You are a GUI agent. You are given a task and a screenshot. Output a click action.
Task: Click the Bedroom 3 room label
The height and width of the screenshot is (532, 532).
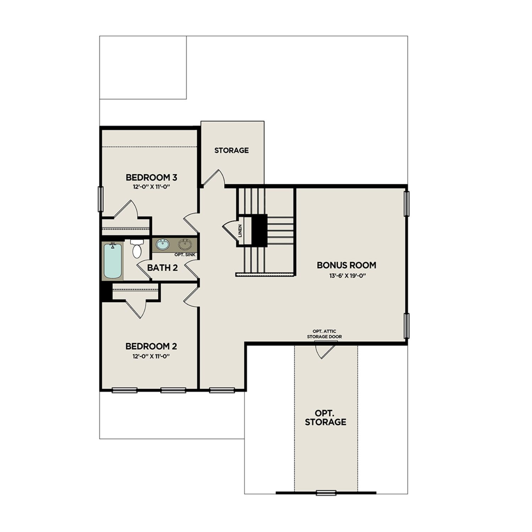(x=151, y=177)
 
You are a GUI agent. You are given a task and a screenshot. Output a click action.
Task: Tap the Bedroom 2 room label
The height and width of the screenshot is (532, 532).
(x=151, y=346)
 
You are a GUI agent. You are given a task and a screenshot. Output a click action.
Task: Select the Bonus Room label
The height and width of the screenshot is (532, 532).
(x=346, y=265)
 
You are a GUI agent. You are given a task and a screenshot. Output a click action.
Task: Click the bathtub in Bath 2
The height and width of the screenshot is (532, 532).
(x=113, y=261)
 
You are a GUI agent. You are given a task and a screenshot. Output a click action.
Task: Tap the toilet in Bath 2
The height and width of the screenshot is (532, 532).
(x=137, y=249)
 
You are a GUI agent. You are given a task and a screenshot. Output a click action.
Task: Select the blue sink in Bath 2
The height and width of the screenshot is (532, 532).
(x=163, y=244)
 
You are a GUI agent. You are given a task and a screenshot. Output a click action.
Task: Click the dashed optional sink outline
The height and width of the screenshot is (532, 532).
(x=185, y=244)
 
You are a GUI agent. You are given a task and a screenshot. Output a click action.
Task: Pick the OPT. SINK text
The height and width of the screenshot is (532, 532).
(x=185, y=255)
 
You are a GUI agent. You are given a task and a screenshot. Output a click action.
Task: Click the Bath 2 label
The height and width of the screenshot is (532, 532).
(x=162, y=268)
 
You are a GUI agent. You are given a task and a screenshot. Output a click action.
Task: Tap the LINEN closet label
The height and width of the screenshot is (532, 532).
(x=240, y=231)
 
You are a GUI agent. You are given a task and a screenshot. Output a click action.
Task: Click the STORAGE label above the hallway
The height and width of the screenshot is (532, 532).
(x=231, y=150)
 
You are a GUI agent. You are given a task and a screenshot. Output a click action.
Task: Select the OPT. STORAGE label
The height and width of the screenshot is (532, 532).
(x=325, y=417)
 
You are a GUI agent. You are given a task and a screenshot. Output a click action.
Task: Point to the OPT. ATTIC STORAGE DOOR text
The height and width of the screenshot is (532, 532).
(x=324, y=334)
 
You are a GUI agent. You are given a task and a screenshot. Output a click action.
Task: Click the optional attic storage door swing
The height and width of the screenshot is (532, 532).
(x=324, y=351)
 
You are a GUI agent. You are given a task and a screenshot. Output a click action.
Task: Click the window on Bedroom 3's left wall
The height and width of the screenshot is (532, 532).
(x=100, y=199)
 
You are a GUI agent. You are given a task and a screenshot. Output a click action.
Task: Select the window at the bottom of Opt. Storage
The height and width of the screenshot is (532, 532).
(x=326, y=492)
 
